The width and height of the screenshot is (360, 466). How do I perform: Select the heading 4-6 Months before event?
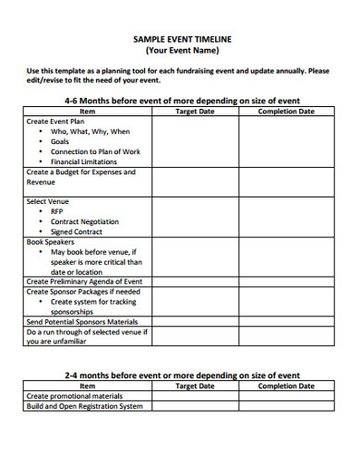(182, 100)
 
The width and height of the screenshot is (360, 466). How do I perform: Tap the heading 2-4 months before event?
(182, 376)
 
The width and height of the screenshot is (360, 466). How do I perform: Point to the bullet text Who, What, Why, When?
(90, 131)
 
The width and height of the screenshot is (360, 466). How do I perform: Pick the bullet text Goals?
(60, 141)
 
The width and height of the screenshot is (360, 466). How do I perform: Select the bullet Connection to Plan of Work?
(96, 151)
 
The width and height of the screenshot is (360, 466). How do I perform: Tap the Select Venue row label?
(47, 201)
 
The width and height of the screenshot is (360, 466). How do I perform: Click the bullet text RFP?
(57, 211)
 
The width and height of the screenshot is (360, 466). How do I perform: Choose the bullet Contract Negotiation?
(85, 221)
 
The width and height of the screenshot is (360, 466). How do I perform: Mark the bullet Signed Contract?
(77, 232)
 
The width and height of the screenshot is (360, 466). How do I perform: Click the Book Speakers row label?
(50, 242)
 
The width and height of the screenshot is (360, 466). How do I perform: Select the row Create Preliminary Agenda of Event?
(84, 281)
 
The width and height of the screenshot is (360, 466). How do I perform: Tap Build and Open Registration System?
(84, 406)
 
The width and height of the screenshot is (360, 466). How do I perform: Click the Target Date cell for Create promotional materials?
(194, 396)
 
